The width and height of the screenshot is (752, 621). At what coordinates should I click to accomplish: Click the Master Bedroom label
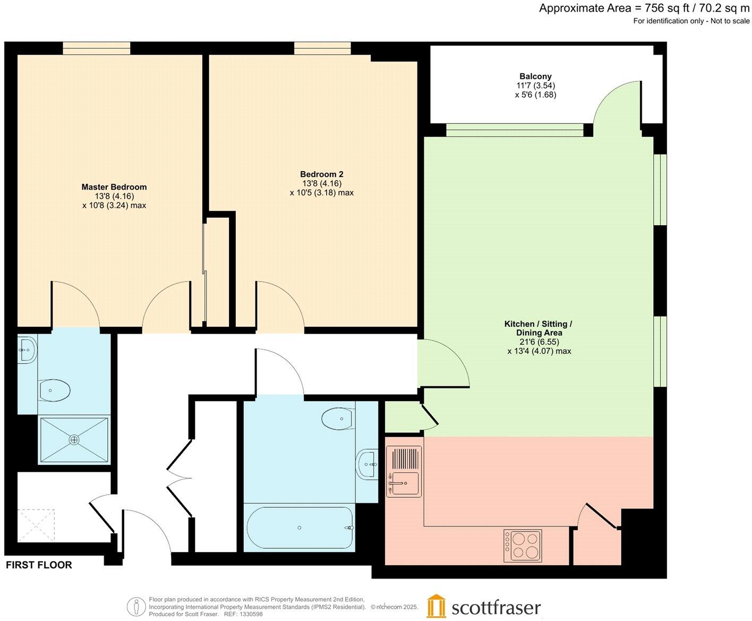(x=114, y=187)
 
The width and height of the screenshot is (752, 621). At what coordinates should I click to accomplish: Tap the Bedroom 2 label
(x=321, y=174)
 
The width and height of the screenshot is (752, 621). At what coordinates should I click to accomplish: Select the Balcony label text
(x=535, y=76)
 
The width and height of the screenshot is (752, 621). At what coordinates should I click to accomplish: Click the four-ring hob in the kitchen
(x=523, y=546)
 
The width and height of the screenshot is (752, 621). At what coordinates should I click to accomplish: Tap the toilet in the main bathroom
(x=338, y=419)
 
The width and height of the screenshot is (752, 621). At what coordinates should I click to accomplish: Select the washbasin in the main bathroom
(x=368, y=464)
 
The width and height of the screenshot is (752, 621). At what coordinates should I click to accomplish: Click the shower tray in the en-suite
(x=74, y=440)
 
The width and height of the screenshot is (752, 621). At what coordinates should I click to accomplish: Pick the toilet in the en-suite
(x=54, y=391)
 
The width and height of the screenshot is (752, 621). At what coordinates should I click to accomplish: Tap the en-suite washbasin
(x=27, y=350)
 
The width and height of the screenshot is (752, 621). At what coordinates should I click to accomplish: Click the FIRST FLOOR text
(x=39, y=565)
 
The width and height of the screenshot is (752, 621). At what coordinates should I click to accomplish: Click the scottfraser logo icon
(x=436, y=606)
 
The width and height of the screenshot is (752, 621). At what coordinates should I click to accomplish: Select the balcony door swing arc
(x=616, y=101)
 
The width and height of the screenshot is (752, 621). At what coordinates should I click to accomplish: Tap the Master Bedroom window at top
(x=96, y=48)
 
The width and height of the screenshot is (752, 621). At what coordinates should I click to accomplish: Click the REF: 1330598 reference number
(x=242, y=614)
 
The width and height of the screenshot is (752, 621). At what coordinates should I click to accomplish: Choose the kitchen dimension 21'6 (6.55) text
(x=539, y=342)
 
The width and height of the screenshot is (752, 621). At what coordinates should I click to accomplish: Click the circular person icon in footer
(x=136, y=607)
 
